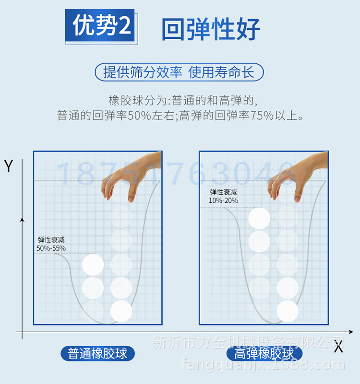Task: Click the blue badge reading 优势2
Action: (x=101, y=25)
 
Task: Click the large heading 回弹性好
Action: (x=211, y=29)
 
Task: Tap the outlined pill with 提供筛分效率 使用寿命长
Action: (x=179, y=72)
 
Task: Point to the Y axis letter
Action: (x=8, y=166)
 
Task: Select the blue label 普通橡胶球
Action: (x=97, y=354)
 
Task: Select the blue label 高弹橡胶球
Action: (x=264, y=354)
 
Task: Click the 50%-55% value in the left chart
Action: (x=51, y=248)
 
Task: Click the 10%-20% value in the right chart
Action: (x=223, y=200)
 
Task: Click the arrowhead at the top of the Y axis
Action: (x=22, y=219)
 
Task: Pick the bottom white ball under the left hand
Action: (x=121, y=311)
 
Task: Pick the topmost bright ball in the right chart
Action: (x=259, y=218)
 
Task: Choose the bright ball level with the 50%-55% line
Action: (x=93, y=265)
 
